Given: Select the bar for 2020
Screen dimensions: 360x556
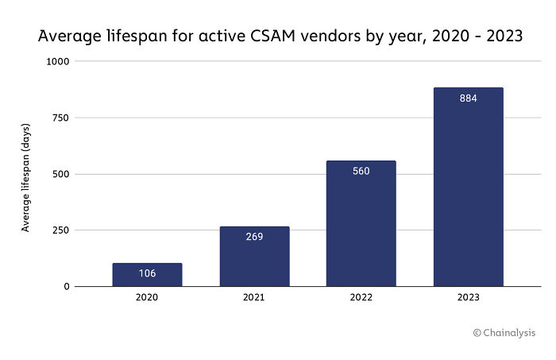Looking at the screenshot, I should tap(147, 275).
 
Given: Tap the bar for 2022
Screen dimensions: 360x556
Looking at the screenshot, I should tap(361, 223).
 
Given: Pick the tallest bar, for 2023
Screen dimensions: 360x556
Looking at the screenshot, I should tap(468, 187).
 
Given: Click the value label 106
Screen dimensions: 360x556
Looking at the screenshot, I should tap(147, 273).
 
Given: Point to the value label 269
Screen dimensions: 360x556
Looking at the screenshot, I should tap(254, 237).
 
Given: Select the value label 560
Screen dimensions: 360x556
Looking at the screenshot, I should tap(361, 171).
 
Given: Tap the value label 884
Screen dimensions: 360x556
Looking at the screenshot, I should tap(468, 99).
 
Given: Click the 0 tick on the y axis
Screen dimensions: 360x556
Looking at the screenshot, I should tap(67, 287).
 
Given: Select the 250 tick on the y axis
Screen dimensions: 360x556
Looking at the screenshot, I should tap(61, 230).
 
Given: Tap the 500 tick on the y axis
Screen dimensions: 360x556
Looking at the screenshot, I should tap(61, 174).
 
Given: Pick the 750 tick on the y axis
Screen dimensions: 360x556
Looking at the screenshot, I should tap(61, 118).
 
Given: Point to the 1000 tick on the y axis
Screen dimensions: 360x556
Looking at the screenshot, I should tap(59, 61).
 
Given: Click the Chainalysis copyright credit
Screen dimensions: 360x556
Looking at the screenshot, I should tap(505, 333).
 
